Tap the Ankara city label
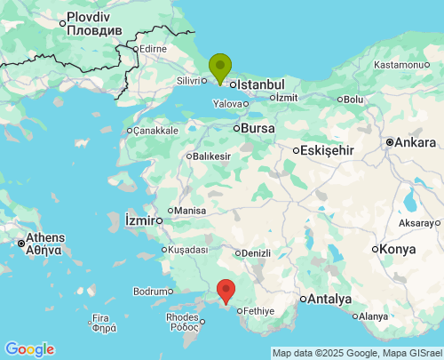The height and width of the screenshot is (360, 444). coord(416,142)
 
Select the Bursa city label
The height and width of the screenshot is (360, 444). coord(258,128)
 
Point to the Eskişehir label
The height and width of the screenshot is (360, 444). coord(328,150)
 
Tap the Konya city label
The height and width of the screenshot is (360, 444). coord(397,249)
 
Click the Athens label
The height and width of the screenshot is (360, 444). coord(44,238)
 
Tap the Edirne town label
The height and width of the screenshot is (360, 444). coord(153,48)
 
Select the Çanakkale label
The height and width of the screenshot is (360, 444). coord(156,131)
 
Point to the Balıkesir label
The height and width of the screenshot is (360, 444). coord(211,156)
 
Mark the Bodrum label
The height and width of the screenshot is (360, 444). coord(148,291)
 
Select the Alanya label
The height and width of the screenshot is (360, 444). coord(374,316)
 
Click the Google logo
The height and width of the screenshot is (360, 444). coord(29,349)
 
